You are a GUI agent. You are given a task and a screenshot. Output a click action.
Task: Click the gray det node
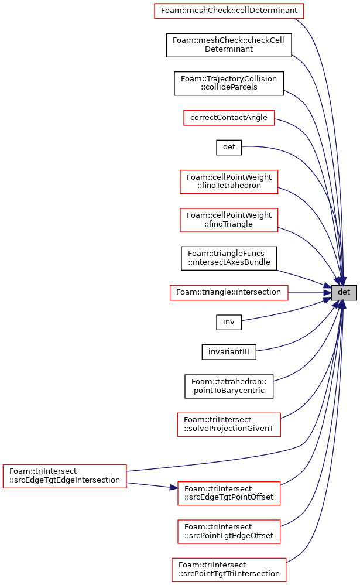click(x=344, y=292)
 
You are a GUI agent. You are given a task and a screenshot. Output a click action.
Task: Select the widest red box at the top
click(x=229, y=11)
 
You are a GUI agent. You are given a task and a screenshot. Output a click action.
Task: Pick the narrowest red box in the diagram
click(x=229, y=118)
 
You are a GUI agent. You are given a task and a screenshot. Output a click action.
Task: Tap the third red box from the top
click(x=229, y=182)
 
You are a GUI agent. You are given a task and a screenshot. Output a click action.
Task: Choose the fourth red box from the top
click(x=229, y=220)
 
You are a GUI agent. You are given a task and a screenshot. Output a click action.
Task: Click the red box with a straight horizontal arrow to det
click(x=229, y=293)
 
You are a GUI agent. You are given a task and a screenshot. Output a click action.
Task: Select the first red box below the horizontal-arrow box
click(x=229, y=425)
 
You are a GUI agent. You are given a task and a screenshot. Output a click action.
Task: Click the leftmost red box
click(x=64, y=475)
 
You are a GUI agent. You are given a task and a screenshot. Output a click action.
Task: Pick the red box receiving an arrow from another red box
click(x=229, y=494)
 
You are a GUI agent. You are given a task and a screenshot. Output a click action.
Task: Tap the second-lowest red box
click(x=229, y=532)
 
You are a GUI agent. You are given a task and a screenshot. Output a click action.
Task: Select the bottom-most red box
click(x=229, y=570)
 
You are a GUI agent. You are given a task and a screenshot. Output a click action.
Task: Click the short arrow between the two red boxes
click(x=149, y=485)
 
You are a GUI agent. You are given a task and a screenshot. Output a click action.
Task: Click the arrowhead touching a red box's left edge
click(x=174, y=487)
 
